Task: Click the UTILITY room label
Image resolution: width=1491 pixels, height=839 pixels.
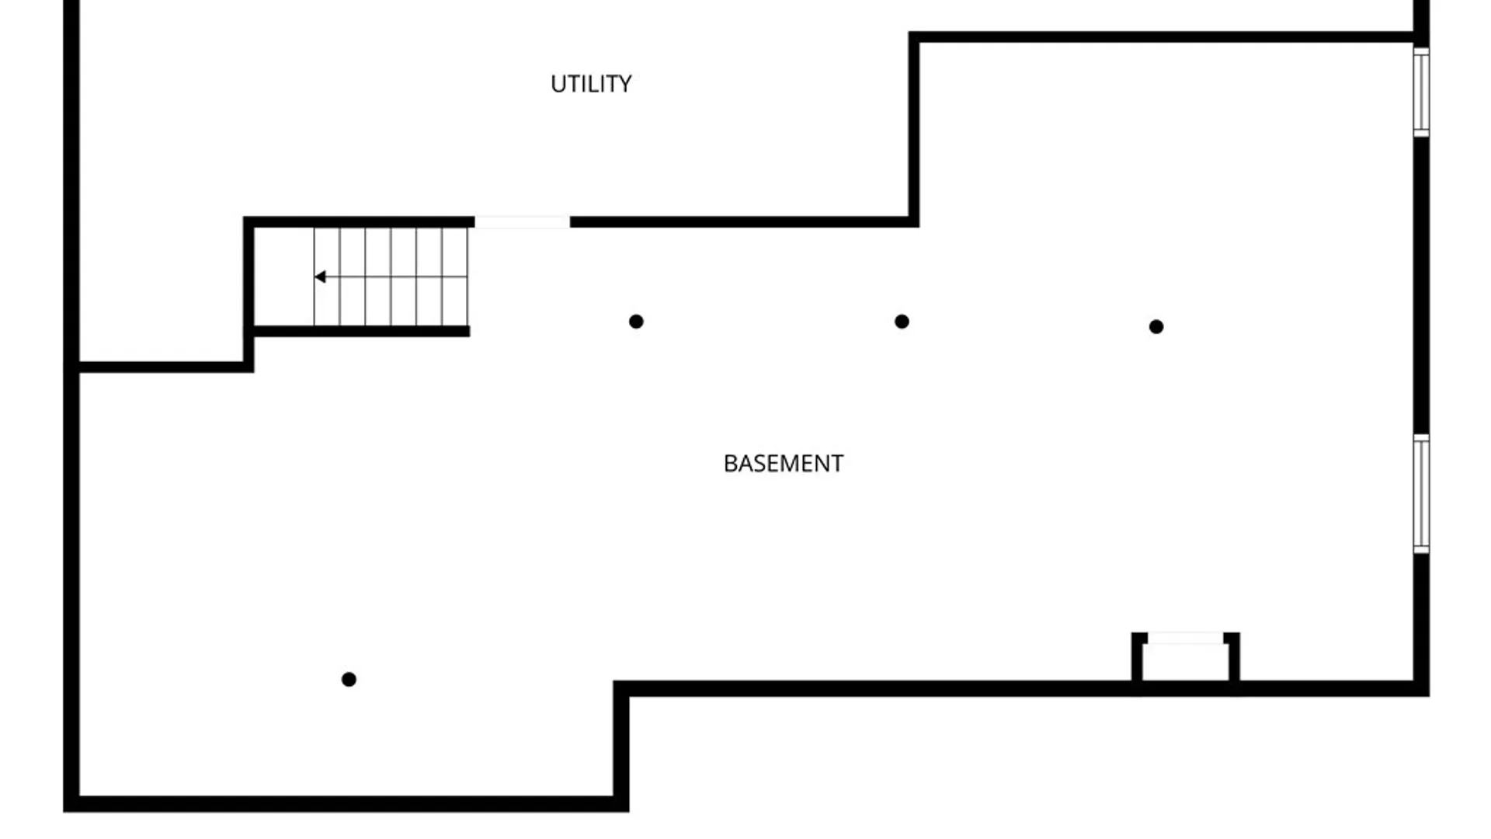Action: tap(591, 84)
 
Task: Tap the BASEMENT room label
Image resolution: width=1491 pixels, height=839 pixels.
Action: tap(783, 464)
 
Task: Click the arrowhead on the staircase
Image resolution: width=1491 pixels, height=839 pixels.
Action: tap(319, 277)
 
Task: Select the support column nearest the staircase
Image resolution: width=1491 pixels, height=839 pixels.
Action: tap(636, 322)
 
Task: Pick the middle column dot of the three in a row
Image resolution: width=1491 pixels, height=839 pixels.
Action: tap(902, 322)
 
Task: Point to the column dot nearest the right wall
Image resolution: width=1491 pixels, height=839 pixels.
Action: tap(1156, 327)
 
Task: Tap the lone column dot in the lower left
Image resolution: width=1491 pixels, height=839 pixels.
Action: tap(349, 680)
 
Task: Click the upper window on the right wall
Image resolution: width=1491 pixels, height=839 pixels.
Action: tap(1421, 92)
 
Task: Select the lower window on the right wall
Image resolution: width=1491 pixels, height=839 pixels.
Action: tap(1421, 494)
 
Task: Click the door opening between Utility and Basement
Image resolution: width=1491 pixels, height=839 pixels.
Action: tap(522, 222)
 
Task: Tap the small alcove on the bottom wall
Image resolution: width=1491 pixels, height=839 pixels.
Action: tap(1185, 659)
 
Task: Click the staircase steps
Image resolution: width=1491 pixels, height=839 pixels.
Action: tap(391, 277)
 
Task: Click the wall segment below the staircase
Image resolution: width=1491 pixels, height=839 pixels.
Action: tap(362, 332)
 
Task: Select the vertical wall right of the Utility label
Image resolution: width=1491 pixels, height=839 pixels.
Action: tap(914, 129)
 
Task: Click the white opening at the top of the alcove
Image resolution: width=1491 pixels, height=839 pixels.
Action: tap(1186, 639)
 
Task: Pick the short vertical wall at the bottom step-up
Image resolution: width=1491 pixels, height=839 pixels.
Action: tap(621, 747)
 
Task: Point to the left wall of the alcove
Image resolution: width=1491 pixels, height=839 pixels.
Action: tap(1138, 659)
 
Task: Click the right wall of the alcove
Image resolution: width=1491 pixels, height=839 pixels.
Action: tap(1233, 659)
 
